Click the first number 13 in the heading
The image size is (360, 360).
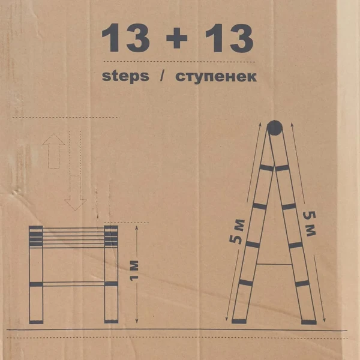125,39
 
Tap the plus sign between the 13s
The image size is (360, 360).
177,40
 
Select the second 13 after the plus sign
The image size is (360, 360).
229,39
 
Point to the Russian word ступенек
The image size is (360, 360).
216,77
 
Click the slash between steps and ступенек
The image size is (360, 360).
161,77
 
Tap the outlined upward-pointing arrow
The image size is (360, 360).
54,151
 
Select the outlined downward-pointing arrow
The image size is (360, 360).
75,191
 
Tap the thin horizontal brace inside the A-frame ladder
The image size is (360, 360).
274,263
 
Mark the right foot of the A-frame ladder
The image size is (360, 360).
309,322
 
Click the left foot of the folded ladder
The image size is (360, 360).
36,322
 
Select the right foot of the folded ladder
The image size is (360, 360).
111,322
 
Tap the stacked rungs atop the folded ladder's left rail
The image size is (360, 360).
36,236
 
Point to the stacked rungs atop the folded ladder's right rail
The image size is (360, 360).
111,236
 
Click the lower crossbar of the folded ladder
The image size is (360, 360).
73,283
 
